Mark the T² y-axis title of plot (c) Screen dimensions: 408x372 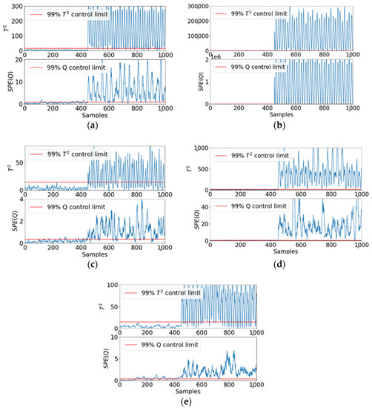pyautogui.click(x=7, y=168)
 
